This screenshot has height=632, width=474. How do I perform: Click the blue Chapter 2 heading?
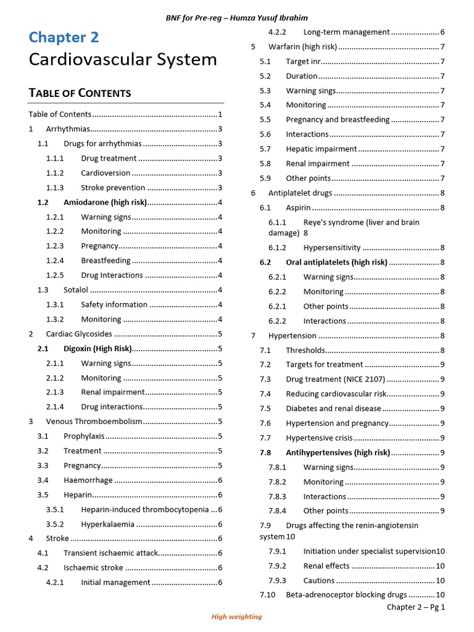click(64, 38)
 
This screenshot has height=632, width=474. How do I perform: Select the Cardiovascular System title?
click(123, 60)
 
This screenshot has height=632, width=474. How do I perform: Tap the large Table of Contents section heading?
click(80, 93)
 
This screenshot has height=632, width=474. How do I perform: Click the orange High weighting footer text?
click(236, 617)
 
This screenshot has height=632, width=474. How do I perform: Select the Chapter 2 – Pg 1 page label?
click(415, 607)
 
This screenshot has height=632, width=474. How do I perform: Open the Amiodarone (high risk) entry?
click(105, 202)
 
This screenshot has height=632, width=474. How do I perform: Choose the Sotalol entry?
click(76, 290)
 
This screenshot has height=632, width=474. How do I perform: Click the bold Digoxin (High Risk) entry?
click(98, 349)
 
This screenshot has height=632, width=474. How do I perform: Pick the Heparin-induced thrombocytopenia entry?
click(144, 510)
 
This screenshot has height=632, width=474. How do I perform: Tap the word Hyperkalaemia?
click(107, 524)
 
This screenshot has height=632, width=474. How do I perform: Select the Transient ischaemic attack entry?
click(110, 553)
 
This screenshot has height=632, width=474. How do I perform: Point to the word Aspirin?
click(298, 208)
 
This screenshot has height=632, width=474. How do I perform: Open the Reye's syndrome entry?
click(361, 222)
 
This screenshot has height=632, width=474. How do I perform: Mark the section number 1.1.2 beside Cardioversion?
click(55, 173)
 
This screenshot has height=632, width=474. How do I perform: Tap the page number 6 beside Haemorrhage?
click(220, 480)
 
